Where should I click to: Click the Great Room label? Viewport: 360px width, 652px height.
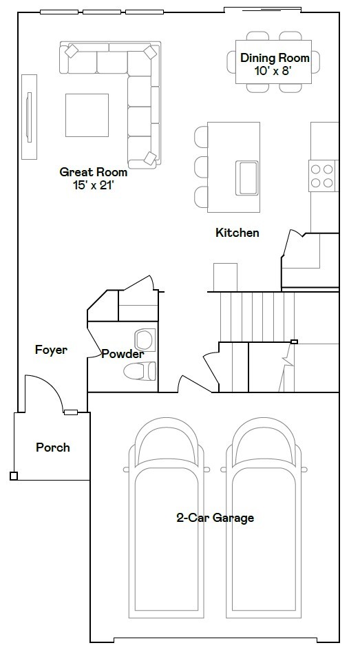click(93, 172)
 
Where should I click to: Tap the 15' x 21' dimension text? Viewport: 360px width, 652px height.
click(93, 185)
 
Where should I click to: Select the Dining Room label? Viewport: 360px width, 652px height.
click(275, 58)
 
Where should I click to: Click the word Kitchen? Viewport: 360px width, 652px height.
click(237, 233)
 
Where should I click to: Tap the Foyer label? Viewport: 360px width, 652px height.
click(52, 350)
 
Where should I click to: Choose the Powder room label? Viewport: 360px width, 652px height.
click(123, 355)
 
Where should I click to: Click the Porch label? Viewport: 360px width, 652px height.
click(53, 448)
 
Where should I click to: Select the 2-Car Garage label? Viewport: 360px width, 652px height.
click(215, 518)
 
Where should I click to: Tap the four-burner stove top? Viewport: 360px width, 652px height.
click(322, 174)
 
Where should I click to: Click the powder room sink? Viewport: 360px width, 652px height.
click(145, 339)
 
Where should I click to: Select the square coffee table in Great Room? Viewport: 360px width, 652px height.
click(87, 115)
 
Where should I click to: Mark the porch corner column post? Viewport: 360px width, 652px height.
click(14, 476)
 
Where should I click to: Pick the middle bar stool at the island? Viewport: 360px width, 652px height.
click(200, 166)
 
